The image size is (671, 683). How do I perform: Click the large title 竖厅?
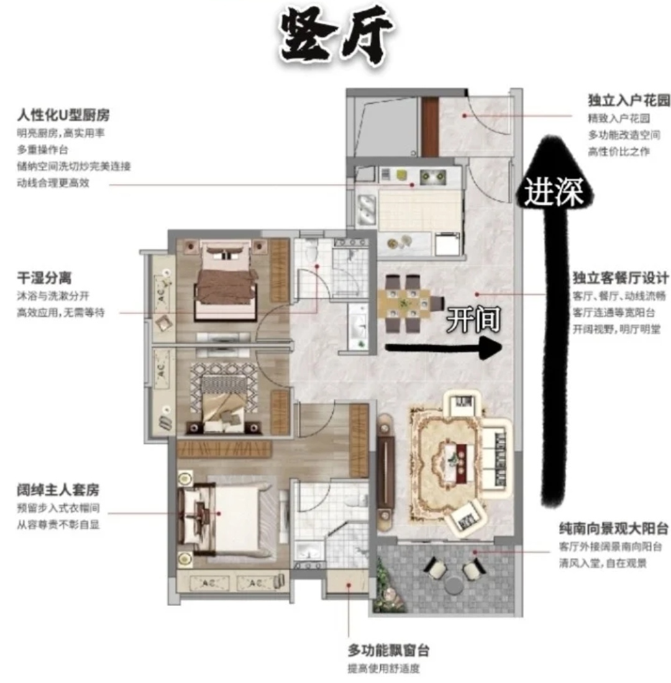coord(336,38)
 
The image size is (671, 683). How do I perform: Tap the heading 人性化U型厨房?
coord(68,115)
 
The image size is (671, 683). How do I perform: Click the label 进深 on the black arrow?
coord(552,192)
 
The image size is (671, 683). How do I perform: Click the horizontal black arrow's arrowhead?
coord(491,348)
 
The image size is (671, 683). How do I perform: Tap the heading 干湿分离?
coord(44,279)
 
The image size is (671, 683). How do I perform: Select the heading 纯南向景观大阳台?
coord(614,530)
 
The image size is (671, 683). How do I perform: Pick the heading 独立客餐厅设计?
coord(621,278)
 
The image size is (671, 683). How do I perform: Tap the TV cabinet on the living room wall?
coord(386,472)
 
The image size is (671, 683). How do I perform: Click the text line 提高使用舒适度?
coord(384,669)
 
